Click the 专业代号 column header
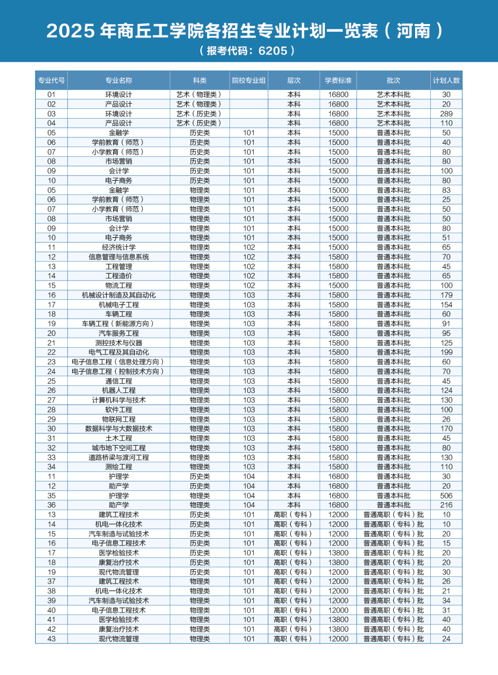coord(52,81)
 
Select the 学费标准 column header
coord(338,81)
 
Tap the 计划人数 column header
coord(446,81)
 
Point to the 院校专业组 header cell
coord(249,81)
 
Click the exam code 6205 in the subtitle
coord(273,51)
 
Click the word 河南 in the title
coord(413,31)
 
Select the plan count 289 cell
coord(446,114)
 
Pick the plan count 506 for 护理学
coord(446,495)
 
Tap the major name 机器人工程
coord(119,390)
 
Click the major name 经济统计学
coord(119,248)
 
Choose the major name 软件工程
coord(119,410)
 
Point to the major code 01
coord(52,95)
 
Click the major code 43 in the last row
coord(52,639)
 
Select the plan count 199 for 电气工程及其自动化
coord(446,352)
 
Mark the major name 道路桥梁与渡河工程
coord(119,458)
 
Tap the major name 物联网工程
coord(119,419)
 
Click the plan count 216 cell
coord(446,505)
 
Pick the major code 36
coord(52,505)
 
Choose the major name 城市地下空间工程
coord(119,448)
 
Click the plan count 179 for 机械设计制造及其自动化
coord(446,295)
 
